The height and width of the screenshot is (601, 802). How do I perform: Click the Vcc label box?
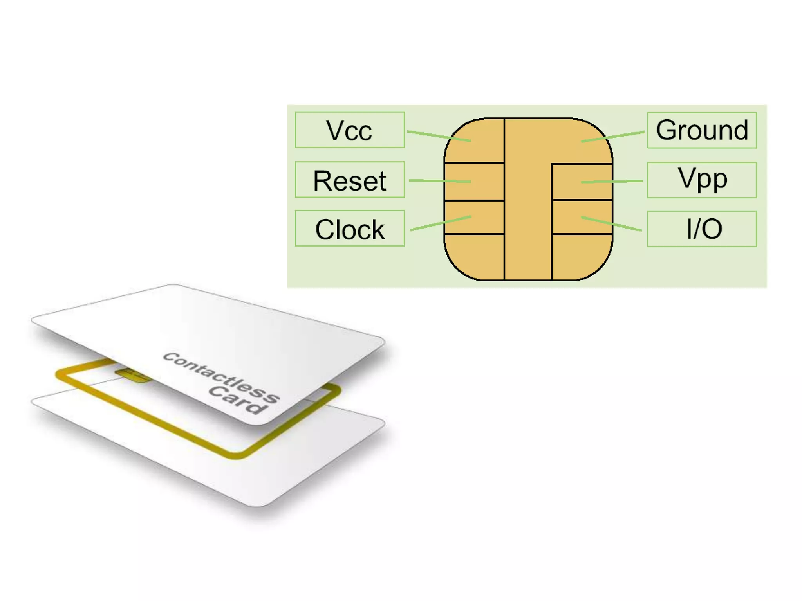(x=349, y=130)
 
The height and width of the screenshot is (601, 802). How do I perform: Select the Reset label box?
(x=349, y=180)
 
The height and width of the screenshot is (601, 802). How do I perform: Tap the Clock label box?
(x=349, y=229)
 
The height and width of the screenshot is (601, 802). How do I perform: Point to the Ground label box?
(x=701, y=130)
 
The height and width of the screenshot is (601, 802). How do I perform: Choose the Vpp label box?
(x=701, y=180)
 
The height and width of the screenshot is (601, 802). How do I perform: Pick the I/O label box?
(x=701, y=229)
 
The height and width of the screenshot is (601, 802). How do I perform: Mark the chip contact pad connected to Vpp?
(x=582, y=182)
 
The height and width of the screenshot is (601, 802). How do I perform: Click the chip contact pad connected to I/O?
(x=582, y=217)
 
